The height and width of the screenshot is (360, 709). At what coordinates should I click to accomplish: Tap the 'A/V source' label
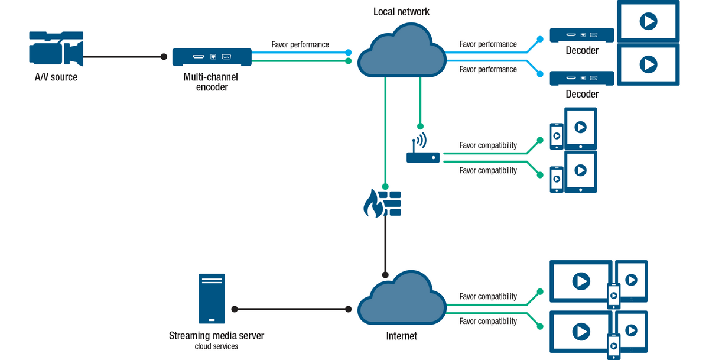point(56,77)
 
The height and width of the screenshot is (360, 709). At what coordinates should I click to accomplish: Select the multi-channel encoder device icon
point(212,57)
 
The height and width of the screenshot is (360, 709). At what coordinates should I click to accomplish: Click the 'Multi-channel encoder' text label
point(212,82)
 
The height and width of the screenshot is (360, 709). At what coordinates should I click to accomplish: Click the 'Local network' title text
point(401,12)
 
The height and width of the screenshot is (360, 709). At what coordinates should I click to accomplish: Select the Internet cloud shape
point(402,299)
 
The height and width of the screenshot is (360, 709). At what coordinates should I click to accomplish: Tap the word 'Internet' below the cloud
point(401,336)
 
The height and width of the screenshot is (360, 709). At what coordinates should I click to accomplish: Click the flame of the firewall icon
point(372,205)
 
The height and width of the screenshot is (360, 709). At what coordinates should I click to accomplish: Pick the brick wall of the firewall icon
point(391,203)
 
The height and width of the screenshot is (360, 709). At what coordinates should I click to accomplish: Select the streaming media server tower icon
point(212,298)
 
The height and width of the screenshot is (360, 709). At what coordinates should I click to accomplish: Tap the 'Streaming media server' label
point(216,336)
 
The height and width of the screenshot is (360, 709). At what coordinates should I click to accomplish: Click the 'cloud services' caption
point(216,346)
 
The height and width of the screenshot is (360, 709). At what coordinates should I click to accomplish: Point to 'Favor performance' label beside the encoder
point(300,44)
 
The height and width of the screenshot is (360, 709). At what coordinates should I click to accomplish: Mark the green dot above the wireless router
point(420,126)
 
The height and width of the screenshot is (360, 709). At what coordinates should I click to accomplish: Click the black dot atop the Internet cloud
point(385,275)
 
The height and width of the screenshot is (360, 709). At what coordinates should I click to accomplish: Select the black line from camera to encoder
point(124,57)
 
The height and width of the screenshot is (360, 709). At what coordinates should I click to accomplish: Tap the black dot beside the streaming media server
point(235,309)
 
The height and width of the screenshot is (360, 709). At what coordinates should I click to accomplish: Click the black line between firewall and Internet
point(385,245)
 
